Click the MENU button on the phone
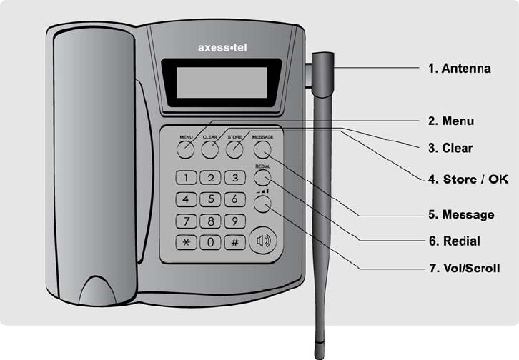tap(186, 149)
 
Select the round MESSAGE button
tap(262, 149)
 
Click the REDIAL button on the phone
tap(262, 179)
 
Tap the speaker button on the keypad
tap(263, 241)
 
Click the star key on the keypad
tap(186, 241)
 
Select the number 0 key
tap(209, 241)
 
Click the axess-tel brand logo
tap(221, 49)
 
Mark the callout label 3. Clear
tap(450, 148)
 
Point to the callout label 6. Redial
tap(453, 241)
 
